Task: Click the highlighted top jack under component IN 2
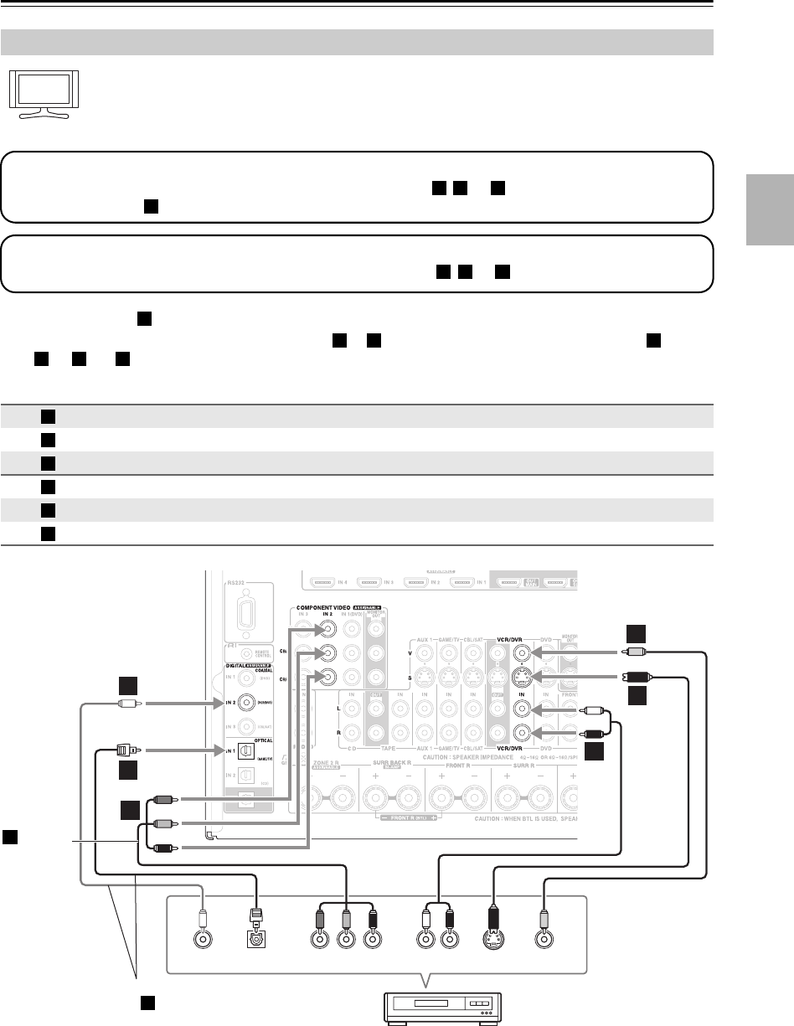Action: [x=325, y=633]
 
